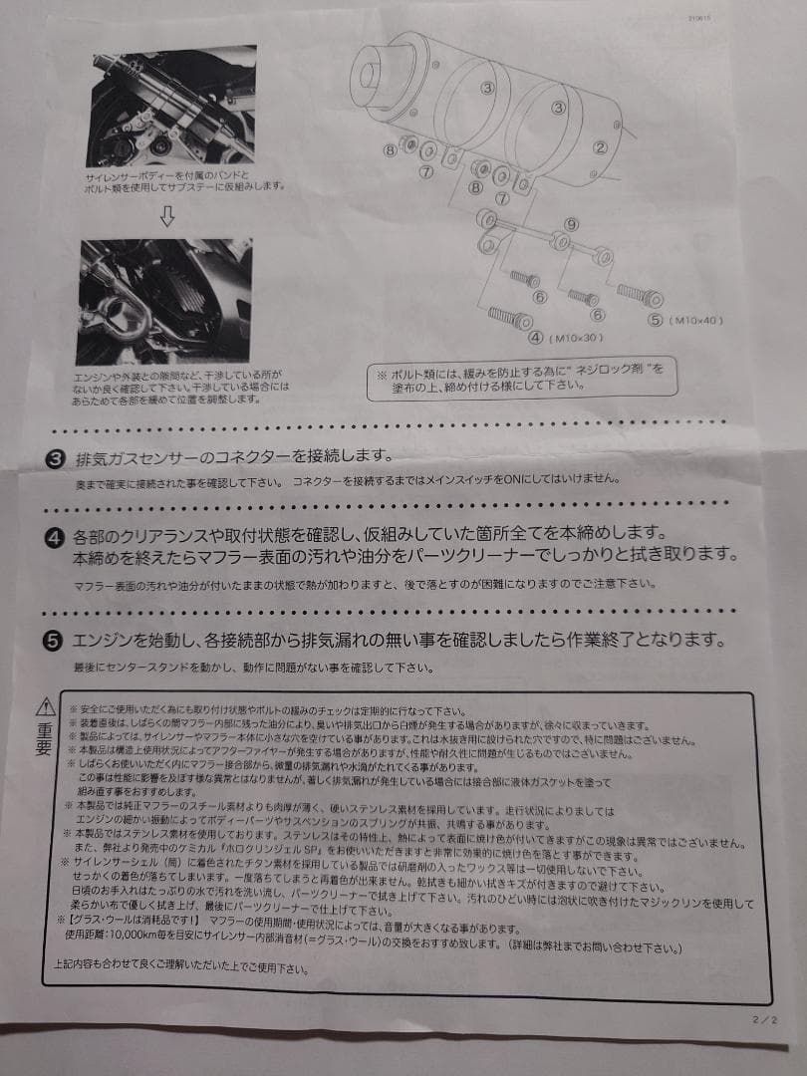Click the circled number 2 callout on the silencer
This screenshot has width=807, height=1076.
[600, 147]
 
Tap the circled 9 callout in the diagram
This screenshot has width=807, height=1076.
[571, 224]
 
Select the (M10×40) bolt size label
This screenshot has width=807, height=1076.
[697, 320]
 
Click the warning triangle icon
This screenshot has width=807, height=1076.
[46, 707]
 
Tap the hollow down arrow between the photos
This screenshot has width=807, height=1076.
[167, 219]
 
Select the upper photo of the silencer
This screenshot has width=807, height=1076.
[170, 109]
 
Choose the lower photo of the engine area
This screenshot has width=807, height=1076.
[165, 301]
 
